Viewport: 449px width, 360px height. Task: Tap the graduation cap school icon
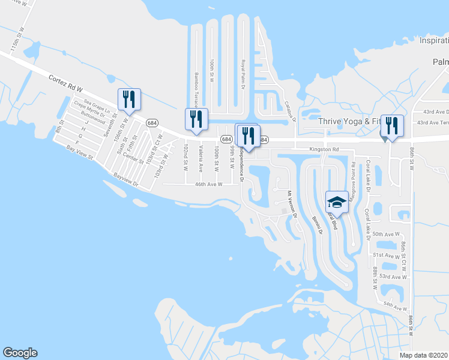337,201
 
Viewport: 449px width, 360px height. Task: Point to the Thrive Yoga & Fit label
349,121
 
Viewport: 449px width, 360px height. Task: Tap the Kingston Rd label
324,149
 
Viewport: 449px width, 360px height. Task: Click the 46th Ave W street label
208,185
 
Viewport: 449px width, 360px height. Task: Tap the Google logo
20,353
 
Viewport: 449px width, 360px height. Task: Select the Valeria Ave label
200,158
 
